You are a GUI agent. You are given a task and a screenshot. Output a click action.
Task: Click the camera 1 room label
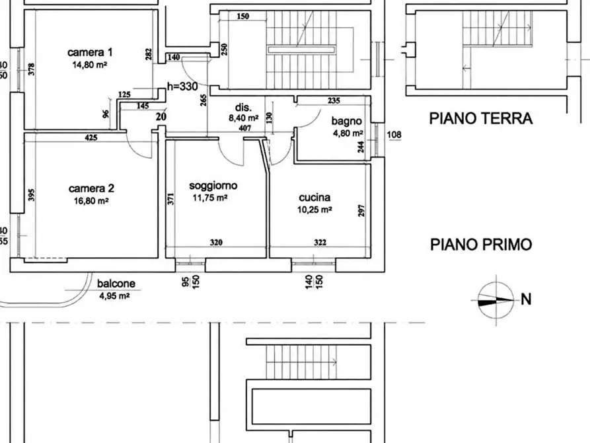click(x=90, y=52)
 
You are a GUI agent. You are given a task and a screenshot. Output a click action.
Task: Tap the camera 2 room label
click(x=91, y=188)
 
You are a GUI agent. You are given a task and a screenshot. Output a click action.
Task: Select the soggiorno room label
click(x=213, y=186)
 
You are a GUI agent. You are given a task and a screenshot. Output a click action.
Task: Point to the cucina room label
click(x=314, y=198)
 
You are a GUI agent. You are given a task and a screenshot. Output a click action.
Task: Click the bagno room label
click(x=347, y=121)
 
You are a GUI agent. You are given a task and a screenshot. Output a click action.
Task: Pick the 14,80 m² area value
click(x=90, y=65)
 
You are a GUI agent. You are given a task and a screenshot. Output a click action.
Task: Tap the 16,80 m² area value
click(x=91, y=201)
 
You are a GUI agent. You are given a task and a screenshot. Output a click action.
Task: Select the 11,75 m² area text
click(x=210, y=198)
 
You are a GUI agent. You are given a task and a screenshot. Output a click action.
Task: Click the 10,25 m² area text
click(x=314, y=210)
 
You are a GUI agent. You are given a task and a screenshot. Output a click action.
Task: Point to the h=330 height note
click(x=182, y=87)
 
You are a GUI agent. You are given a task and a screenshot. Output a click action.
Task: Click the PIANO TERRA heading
click(x=481, y=118)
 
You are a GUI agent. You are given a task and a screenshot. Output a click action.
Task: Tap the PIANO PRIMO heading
click(x=481, y=245)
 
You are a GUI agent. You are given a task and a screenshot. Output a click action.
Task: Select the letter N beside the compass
click(x=526, y=300)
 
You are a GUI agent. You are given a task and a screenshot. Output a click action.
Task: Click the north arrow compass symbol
click(x=496, y=300)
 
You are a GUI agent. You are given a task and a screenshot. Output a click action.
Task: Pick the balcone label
click(x=116, y=284)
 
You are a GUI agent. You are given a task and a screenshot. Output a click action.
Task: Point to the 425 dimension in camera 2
click(x=91, y=138)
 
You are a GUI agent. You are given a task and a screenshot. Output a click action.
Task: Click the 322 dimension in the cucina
click(x=320, y=242)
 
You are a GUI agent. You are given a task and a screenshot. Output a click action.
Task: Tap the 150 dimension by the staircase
click(x=243, y=16)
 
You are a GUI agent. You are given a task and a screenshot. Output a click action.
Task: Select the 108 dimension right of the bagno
click(x=394, y=134)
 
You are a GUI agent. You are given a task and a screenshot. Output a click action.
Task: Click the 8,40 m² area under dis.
click(x=244, y=118)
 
